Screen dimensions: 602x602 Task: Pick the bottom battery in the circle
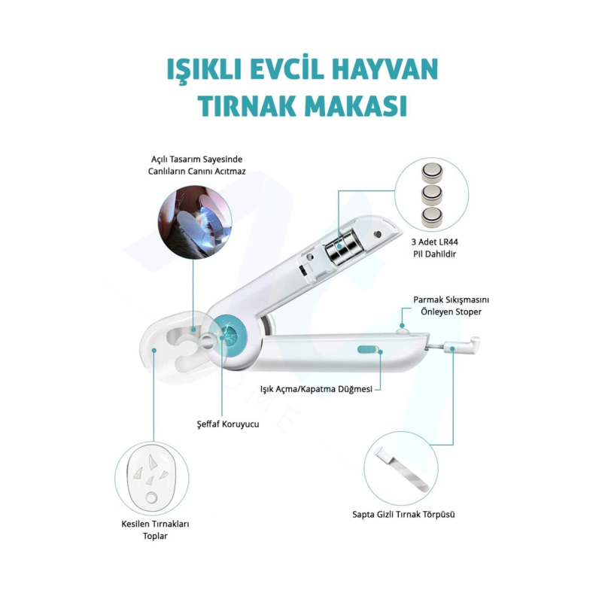[x=432, y=217]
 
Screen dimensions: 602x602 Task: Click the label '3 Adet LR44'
[x=434, y=242]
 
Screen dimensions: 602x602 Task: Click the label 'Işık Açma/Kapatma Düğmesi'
[x=316, y=389]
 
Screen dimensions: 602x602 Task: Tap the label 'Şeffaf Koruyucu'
[x=228, y=424]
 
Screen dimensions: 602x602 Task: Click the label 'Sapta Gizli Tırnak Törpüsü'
[x=403, y=514]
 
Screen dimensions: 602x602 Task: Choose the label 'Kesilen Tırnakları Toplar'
[x=155, y=530]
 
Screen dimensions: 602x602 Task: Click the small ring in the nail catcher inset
[x=151, y=498]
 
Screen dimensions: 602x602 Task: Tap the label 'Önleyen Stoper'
[x=451, y=312]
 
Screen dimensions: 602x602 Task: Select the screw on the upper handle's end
[x=379, y=234]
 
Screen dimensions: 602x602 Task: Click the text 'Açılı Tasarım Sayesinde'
[x=196, y=159]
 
